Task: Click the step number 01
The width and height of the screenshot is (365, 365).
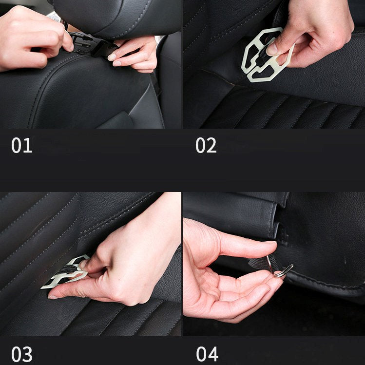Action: (21, 146)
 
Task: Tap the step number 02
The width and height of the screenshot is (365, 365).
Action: (206, 146)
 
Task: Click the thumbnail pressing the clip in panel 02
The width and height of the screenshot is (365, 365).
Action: (272, 49)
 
